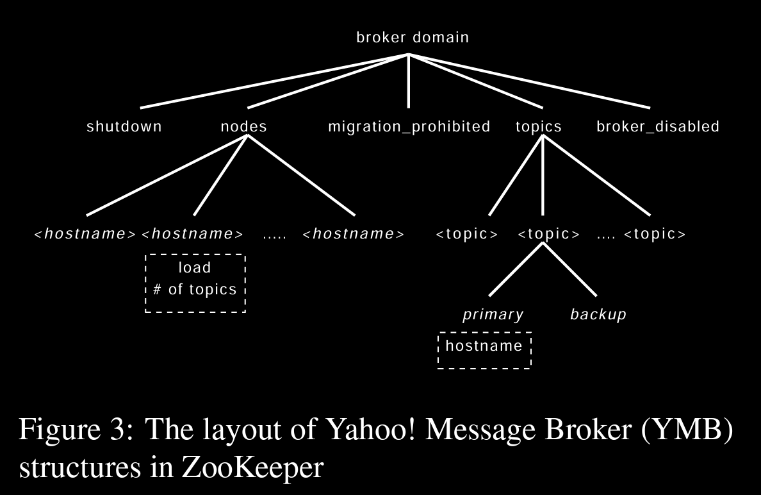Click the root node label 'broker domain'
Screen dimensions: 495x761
413,37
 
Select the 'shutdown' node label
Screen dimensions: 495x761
124,126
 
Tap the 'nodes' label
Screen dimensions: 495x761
243,126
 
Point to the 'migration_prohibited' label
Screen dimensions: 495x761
409,127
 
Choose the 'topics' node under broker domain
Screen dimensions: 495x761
539,126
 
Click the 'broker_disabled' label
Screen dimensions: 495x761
658,127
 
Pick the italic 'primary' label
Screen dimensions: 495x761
493,314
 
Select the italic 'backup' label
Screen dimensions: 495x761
598,314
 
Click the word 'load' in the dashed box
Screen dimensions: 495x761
195,268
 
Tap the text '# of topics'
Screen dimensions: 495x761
195,289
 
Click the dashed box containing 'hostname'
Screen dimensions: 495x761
484,350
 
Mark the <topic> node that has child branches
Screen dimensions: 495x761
548,234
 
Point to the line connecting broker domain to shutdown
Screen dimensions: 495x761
274,81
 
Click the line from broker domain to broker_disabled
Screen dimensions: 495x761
529,81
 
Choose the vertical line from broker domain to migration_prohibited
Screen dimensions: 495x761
409,81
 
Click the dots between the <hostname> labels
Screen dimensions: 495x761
274,235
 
